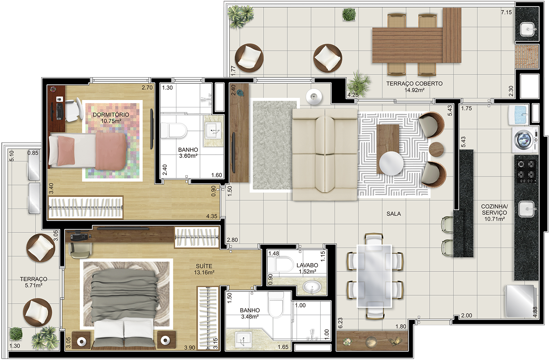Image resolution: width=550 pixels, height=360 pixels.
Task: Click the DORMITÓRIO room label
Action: (111, 115)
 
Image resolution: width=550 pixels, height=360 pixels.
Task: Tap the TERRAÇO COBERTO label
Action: (414, 84)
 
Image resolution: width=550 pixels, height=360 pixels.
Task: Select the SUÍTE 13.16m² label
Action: (204, 269)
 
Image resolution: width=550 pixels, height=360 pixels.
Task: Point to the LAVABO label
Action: (307, 265)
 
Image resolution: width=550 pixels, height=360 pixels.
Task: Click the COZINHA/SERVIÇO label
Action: (494, 210)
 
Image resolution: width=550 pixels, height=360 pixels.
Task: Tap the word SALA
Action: (393, 214)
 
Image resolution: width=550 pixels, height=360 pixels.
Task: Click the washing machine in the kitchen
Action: (525, 140)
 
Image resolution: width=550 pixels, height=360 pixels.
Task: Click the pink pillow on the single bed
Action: (66, 151)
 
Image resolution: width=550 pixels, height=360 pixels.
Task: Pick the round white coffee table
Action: (391, 163)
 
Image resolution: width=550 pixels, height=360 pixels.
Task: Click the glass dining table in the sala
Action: (374, 276)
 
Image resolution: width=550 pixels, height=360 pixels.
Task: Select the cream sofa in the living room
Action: (325, 155)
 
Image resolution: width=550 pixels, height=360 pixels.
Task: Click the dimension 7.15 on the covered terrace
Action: (506, 12)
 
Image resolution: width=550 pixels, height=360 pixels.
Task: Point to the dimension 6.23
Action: (340, 323)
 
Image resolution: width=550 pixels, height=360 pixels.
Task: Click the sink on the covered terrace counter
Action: (528, 29)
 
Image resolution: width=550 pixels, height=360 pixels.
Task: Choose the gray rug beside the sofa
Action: (274, 145)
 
